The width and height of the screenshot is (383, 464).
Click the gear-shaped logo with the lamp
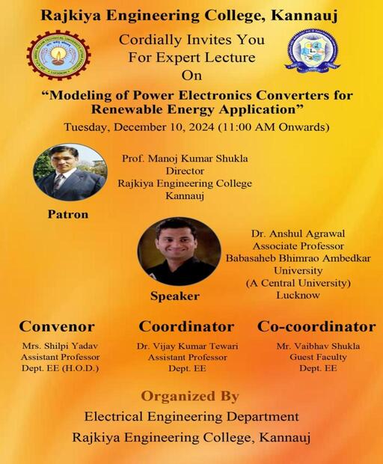click(x=58, y=55)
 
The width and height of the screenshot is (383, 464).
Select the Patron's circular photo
click(x=70, y=173)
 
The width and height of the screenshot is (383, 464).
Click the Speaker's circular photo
click(x=180, y=251)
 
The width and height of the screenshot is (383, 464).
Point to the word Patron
click(x=68, y=214)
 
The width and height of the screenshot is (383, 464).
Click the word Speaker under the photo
click(x=175, y=296)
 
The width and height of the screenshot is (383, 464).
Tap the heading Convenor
click(x=57, y=327)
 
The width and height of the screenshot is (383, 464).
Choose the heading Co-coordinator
click(x=316, y=327)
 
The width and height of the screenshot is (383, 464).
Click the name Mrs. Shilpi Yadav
click(x=60, y=346)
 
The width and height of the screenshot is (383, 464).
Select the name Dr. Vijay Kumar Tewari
click(x=187, y=346)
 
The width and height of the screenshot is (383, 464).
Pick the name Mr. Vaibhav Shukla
click(x=318, y=346)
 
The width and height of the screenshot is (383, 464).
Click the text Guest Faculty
click(x=318, y=357)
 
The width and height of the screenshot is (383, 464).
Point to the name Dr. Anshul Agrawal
click(x=298, y=233)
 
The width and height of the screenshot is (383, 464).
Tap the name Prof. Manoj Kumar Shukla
click(x=185, y=159)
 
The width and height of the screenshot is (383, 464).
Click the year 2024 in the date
click(x=202, y=127)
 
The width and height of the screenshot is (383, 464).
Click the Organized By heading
click(x=190, y=396)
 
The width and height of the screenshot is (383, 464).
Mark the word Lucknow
click(x=298, y=296)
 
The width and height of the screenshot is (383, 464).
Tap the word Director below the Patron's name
click(x=185, y=171)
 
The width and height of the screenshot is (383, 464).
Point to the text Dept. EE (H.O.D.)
click(x=60, y=368)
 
